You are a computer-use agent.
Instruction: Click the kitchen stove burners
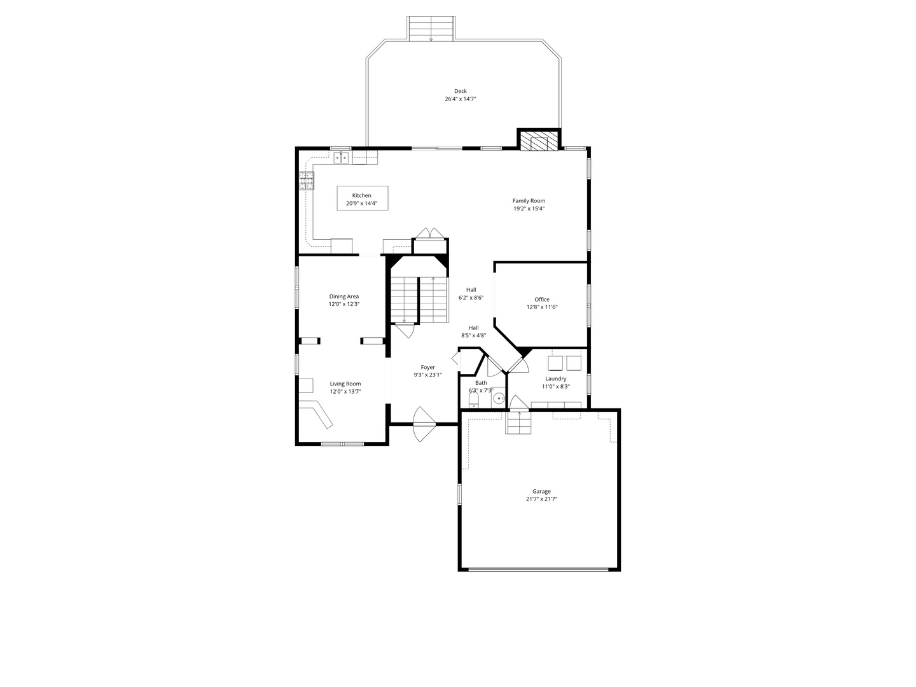coord(306,181)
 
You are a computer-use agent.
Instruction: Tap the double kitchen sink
coord(340,157)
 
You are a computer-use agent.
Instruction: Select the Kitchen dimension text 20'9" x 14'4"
coord(362,204)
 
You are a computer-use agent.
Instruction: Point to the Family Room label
coord(529,201)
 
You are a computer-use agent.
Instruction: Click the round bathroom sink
coord(499,399)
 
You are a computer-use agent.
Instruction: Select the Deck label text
coord(460,91)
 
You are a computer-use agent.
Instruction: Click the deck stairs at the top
coord(431,29)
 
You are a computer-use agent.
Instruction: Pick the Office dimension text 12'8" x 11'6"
coord(542,307)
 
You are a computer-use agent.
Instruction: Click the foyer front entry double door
coord(424,424)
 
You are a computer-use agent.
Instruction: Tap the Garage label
coord(541,491)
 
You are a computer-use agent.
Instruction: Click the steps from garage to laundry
coord(518,423)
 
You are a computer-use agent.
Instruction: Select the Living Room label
coord(345,384)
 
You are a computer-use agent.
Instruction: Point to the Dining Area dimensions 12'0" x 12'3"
coord(344,305)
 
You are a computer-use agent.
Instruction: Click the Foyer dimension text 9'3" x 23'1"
coord(427,375)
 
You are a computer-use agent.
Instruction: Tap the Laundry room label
coord(555,378)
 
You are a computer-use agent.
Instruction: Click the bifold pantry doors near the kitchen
coord(431,233)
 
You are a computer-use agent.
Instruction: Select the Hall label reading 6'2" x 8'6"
coord(471,297)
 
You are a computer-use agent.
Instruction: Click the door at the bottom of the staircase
coord(405,330)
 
